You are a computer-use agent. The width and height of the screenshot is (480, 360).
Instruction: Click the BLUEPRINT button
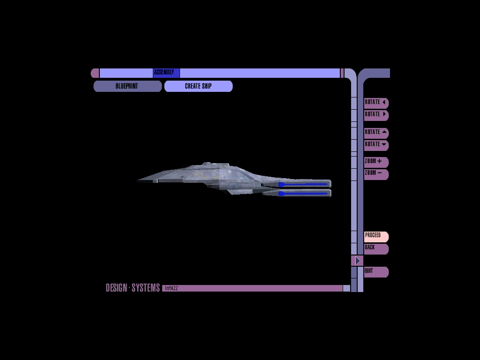pyautogui.click(x=127, y=86)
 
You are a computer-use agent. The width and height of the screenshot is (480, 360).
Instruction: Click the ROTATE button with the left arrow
pyautogui.click(x=376, y=103)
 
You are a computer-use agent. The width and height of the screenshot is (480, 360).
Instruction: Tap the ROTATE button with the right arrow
pyautogui.click(x=376, y=115)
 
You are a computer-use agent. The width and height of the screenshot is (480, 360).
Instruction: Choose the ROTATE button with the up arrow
pyautogui.click(x=376, y=133)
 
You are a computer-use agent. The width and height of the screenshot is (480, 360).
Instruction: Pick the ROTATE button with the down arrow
pyautogui.click(x=376, y=145)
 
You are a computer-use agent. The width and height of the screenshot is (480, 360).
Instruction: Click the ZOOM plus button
pyautogui.click(x=376, y=162)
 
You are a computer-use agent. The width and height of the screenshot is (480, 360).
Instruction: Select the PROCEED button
pyautogui.click(x=376, y=236)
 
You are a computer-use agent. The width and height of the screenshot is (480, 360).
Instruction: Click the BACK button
pyautogui.click(x=376, y=248)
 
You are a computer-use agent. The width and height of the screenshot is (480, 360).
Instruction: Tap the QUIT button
pyautogui.click(x=376, y=271)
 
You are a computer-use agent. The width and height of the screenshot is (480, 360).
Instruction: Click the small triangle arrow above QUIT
pyautogui.click(x=357, y=261)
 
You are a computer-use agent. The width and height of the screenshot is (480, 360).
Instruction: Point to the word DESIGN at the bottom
pyautogui.click(x=116, y=288)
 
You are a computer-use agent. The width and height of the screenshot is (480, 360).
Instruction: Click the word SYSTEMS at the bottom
pyautogui.click(x=145, y=288)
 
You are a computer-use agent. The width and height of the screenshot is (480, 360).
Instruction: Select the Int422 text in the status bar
pyautogui.click(x=172, y=288)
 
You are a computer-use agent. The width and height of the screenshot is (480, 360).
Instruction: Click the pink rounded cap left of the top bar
pyautogui.click(x=95, y=73)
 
